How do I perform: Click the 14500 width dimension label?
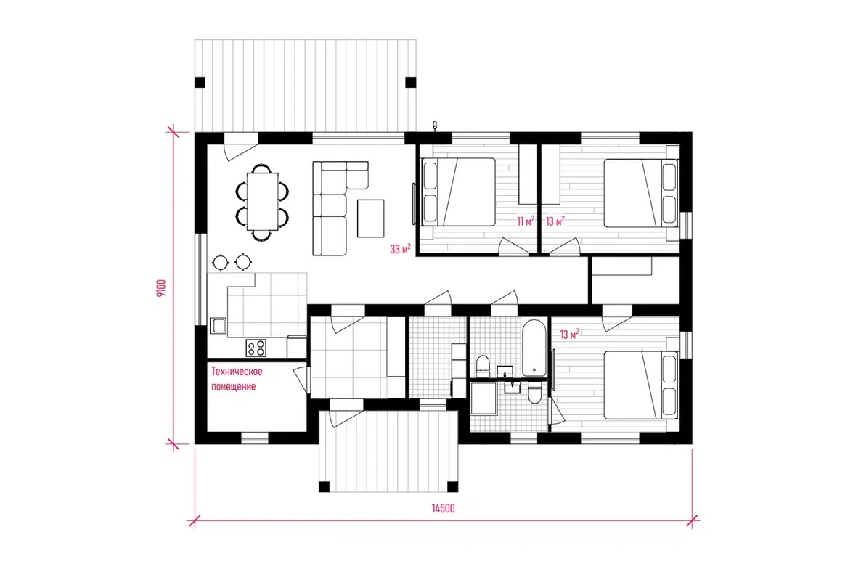(x=443, y=509)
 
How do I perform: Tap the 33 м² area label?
(x=400, y=249)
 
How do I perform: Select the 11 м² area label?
(x=525, y=221)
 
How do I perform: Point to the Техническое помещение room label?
(x=237, y=379)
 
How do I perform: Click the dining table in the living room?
(x=262, y=201)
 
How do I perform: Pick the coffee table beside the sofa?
(x=370, y=218)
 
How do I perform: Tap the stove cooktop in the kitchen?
(x=256, y=348)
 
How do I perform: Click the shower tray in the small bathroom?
(x=483, y=398)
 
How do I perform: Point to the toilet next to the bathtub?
(x=483, y=366)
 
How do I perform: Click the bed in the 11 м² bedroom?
(x=459, y=192)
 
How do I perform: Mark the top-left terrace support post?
(x=200, y=83)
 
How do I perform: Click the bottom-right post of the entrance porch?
(x=452, y=486)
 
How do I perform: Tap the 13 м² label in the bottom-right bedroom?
(x=570, y=334)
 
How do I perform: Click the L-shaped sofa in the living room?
(x=330, y=208)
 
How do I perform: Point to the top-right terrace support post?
(x=411, y=83)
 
